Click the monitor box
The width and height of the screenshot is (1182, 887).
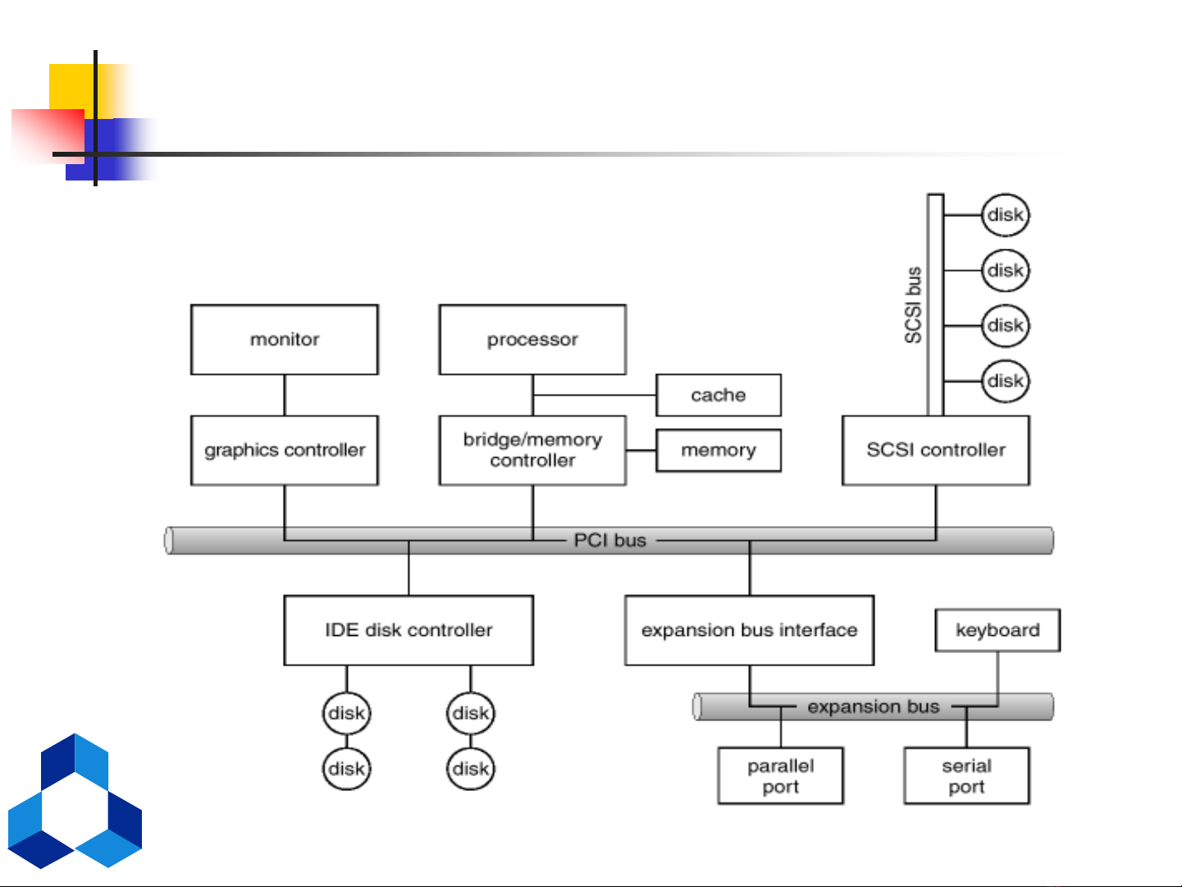click(285, 340)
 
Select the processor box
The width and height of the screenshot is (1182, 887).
click(532, 340)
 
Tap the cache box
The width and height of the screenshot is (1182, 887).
click(718, 395)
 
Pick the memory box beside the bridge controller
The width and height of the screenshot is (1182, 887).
click(718, 450)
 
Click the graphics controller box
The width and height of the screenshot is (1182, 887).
click(285, 450)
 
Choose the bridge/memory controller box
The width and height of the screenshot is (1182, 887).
click(532, 450)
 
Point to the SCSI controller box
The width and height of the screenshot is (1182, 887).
click(935, 450)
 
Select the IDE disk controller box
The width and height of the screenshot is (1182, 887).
click(408, 630)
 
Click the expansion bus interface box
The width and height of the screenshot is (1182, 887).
click(749, 630)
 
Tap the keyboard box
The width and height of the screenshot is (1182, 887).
click(997, 630)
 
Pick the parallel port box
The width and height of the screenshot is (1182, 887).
click(780, 775)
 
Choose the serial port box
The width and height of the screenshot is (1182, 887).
click(966, 775)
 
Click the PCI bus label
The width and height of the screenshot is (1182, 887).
click(610, 541)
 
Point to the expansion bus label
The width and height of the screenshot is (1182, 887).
click(873, 706)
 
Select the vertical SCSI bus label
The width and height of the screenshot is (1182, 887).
click(913, 305)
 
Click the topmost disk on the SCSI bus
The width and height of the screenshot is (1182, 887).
click(1006, 215)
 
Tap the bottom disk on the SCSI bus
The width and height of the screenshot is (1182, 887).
click(1006, 381)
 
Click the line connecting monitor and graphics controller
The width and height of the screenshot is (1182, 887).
click(285, 395)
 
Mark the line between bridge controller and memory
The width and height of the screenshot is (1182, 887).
click(641, 450)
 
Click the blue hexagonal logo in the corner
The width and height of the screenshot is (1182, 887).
click(75, 802)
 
